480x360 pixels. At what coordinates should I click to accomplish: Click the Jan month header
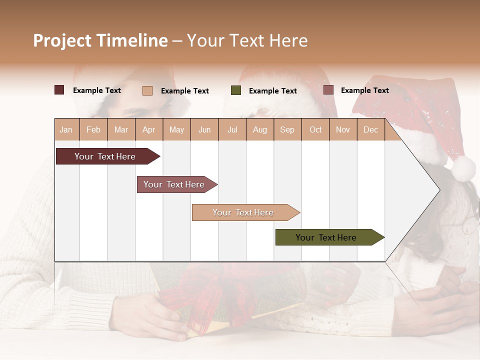point(66,129)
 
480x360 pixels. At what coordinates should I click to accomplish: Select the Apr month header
point(149,129)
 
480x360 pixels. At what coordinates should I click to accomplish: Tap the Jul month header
point(232,129)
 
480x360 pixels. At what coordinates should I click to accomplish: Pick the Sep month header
point(287,129)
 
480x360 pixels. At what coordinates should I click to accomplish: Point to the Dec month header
point(371,129)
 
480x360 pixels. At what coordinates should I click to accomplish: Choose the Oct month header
point(315,129)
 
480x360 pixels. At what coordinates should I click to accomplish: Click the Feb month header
point(93,129)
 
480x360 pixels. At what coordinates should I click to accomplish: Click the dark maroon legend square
point(59,90)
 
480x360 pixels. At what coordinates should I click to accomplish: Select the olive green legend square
point(236,90)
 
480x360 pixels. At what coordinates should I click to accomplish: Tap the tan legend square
point(147,90)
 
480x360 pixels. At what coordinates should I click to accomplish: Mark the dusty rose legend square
point(328,90)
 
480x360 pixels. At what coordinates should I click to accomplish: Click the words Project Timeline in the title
point(100,40)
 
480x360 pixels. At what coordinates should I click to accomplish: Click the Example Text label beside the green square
point(273,91)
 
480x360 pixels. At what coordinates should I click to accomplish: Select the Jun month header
point(204,129)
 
